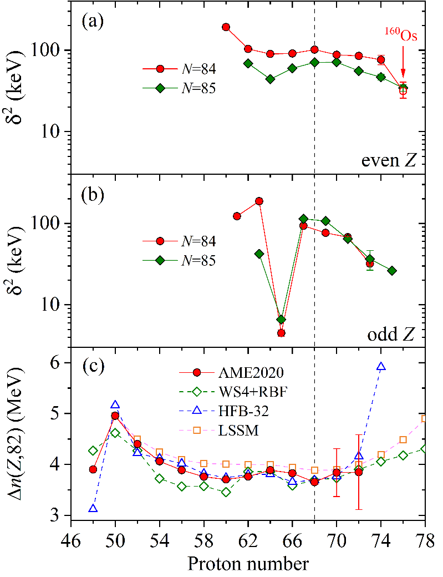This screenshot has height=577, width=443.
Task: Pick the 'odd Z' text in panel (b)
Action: click(x=395, y=335)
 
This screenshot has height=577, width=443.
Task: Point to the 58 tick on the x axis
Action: click(x=204, y=537)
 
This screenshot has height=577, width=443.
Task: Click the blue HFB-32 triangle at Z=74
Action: click(x=381, y=367)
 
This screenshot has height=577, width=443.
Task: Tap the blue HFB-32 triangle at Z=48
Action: click(x=93, y=508)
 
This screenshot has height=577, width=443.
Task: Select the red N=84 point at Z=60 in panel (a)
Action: click(x=226, y=27)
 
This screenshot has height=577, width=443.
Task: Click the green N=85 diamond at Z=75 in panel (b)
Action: click(x=392, y=271)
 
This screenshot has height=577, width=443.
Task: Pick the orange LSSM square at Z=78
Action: click(x=425, y=418)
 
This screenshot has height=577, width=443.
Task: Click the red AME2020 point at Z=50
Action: click(x=115, y=416)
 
